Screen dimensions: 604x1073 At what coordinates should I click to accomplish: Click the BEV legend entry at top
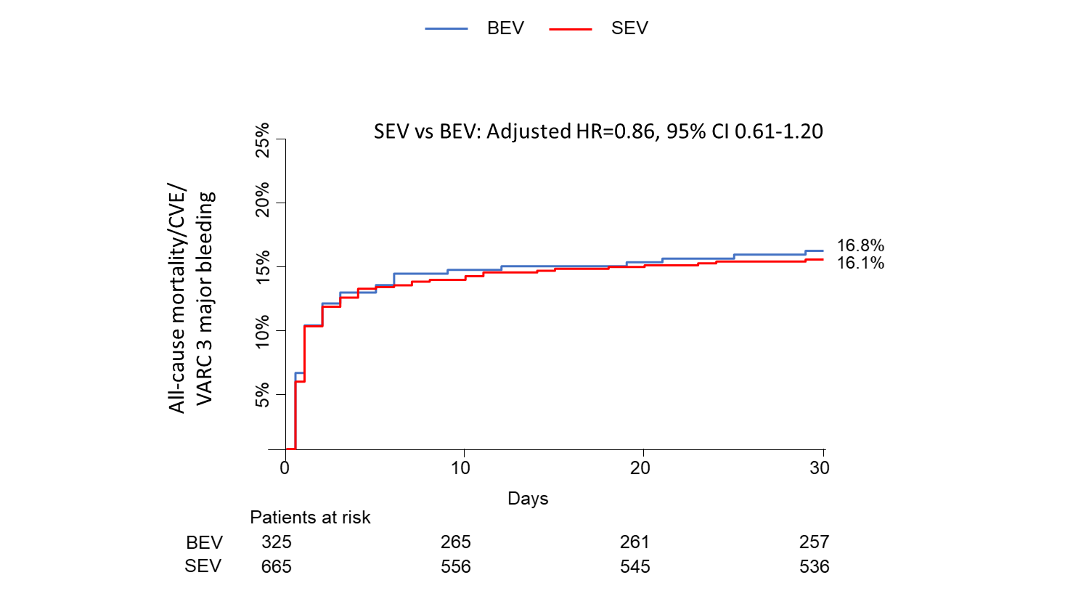pyautogui.click(x=505, y=28)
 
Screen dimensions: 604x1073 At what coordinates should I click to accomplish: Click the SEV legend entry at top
pyautogui.click(x=629, y=28)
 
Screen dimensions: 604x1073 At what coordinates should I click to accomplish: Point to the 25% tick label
pyautogui.click(x=262, y=140)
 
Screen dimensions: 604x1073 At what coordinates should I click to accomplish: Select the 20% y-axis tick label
pyautogui.click(x=262, y=199)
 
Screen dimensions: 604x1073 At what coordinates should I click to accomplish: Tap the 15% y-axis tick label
pyautogui.click(x=262, y=266)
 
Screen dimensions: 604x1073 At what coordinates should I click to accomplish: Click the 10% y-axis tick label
pyautogui.click(x=262, y=331)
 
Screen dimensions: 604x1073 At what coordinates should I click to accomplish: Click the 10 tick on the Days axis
pyautogui.click(x=460, y=468)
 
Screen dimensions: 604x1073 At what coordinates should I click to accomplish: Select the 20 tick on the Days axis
pyautogui.click(x=640, y=468)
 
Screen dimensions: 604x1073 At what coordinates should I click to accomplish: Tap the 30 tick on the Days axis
pyautogui.click(x=820, y=468)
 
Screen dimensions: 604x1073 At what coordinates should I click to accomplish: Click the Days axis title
pyautogui.click(x=528, y=499)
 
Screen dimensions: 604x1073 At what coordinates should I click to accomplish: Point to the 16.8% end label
pyautogui.click(x=860, y=245)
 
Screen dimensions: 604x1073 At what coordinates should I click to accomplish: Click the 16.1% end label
pyautogui.click(x=860, y=263)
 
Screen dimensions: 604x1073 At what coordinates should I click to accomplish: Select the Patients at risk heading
pyautogui.click(x=310, y=518)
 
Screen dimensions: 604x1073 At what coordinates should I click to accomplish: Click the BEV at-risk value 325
pyautogui.click(x=277, y=542)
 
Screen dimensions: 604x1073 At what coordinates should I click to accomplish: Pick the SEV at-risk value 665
pyautogui.click(x=277, y=566)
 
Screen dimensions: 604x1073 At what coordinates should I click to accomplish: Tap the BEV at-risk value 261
pyautogui.click(x=635, y=542)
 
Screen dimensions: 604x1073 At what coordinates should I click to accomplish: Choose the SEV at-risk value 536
pyautogui.click(x=814, y=566)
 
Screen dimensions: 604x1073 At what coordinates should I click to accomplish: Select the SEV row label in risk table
pyautogui.click(x=203, y=566)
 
